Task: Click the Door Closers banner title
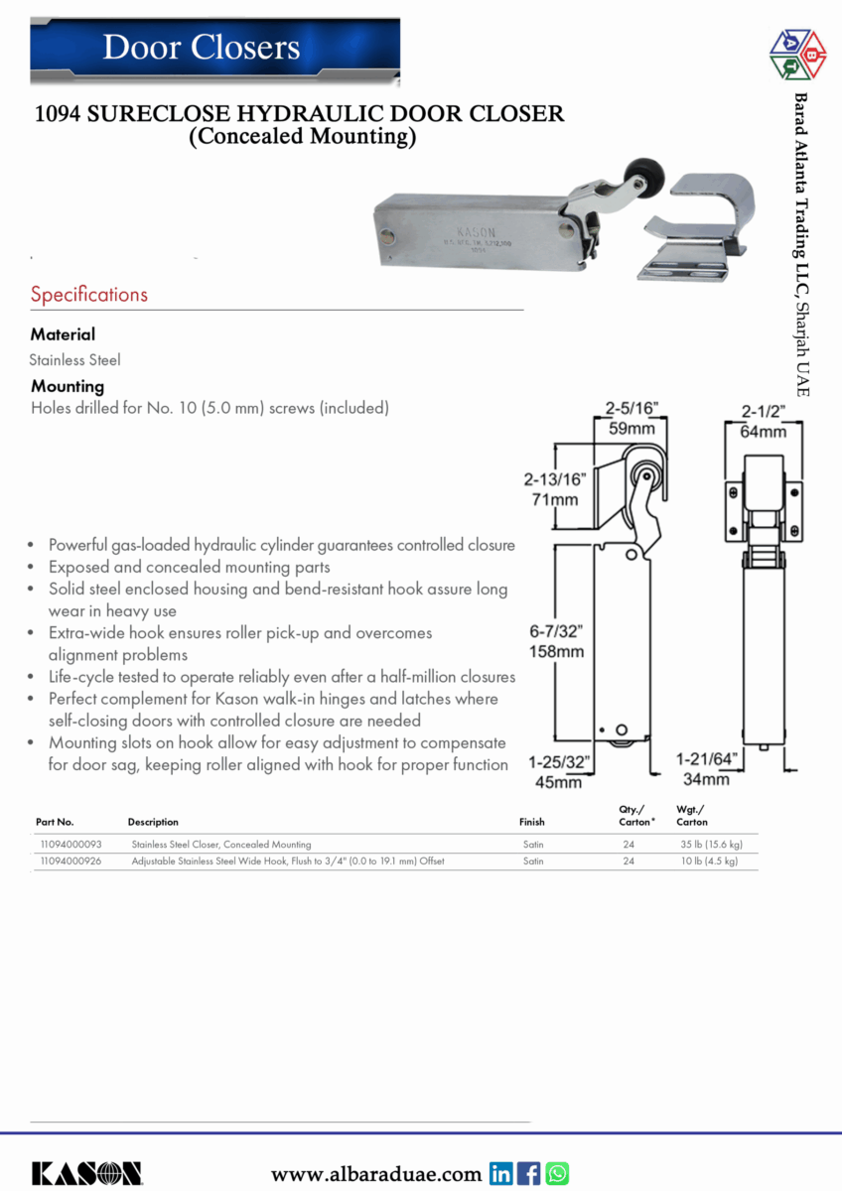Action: pos(202,48)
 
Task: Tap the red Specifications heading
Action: pos(88,295)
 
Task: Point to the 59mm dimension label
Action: pos(632,430)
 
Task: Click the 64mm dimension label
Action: pos(764,432)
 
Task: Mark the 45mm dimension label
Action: pos(558,783)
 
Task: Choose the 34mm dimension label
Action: pos(706,780)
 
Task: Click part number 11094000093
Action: pos(70,845)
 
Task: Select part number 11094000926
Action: pos(70,861)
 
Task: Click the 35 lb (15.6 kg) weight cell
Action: pos(710,845)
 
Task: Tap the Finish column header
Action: pos(532,822)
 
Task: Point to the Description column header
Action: pos(153,822)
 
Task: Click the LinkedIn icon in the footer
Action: pos(501,1174)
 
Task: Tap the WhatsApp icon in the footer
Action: pos(557,1174)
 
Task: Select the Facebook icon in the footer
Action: pos(529,1174)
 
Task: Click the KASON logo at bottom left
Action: pos(86,1173)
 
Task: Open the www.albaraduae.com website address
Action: pos(376,1175)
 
